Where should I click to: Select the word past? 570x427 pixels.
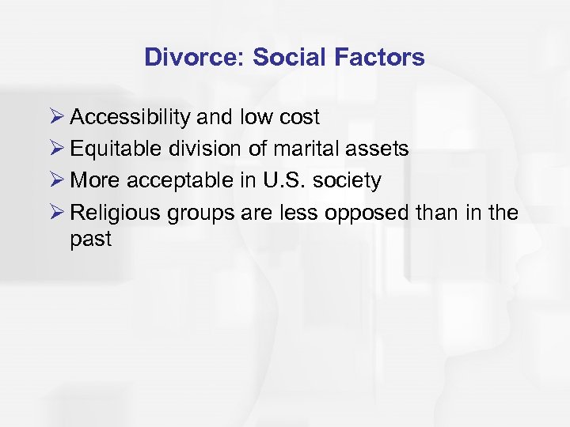coord(91,239)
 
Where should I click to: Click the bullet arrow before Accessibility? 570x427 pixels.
coord(55,118)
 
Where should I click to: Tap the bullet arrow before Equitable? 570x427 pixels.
coord(55,149)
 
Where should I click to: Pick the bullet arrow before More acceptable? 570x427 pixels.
coord(55,181)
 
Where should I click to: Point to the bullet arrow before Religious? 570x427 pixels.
coord(55,213)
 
